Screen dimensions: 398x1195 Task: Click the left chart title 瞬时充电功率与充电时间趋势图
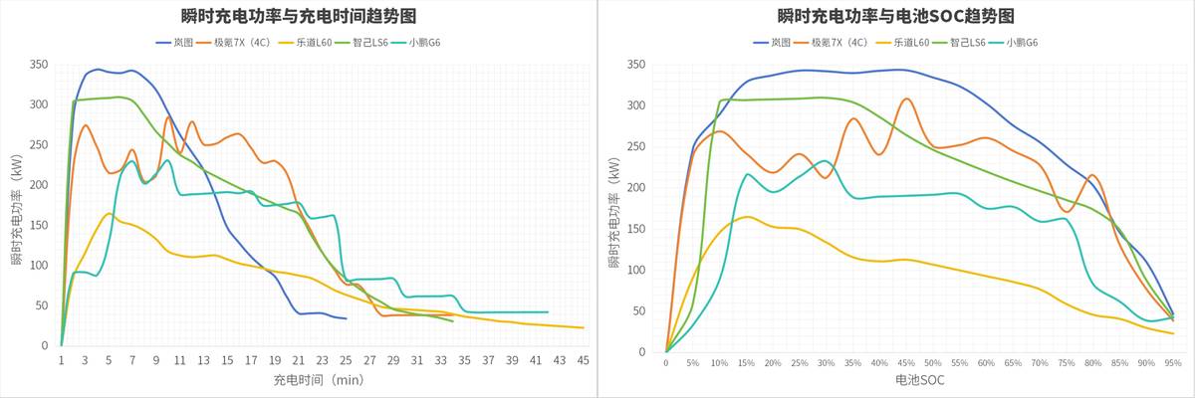click(298, 16)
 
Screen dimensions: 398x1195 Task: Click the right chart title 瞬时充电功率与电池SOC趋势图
click(896, 16)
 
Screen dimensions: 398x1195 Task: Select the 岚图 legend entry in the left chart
click(182, 43)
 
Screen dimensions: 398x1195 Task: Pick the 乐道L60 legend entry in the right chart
click(905, 43)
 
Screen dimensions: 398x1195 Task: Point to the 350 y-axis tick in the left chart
click(39, 65)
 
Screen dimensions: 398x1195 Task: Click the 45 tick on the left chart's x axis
click(583, 359)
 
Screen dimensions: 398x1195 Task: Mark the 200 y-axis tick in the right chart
click(636, 188)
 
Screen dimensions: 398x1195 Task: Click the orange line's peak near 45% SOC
click(906, 99)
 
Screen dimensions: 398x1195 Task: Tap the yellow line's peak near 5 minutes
click(109, 213)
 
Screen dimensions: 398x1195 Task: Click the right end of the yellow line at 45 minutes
click(583, 327)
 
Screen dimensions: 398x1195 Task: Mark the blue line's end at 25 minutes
click(346, 318)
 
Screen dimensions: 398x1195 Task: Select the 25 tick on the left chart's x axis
click(346, 359)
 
